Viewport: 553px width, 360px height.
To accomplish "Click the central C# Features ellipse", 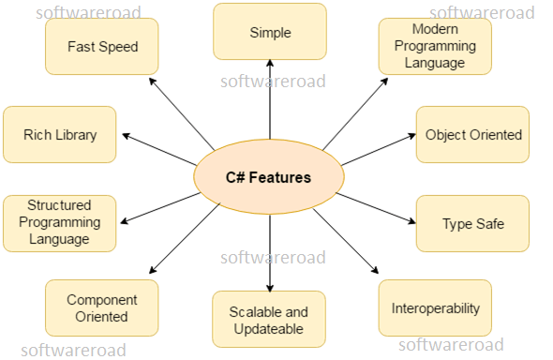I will click(x=268, y=176).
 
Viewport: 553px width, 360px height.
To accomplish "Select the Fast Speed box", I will click(x=102, y=46).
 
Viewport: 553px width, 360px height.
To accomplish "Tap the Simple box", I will click(x=270, y=32).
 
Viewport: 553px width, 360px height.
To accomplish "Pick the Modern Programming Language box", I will click(x=435, y=46).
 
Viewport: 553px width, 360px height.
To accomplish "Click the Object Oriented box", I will click(x=472, y=134).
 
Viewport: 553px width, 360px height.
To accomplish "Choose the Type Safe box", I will click(x=472, y=223).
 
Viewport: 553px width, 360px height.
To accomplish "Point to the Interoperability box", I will click(x=435, y=307).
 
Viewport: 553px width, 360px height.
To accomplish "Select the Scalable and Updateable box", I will click(x=270, y=320).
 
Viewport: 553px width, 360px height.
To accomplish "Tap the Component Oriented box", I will click(x=102, y=307).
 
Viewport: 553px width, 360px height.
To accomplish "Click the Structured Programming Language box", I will click(x=60, y=223).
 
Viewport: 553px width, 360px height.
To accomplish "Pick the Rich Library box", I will click(x=60, y=134).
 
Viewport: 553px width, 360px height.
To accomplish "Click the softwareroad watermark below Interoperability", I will click(x=451, y=344).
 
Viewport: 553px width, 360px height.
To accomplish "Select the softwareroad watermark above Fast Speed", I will click(x=89, y=12).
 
